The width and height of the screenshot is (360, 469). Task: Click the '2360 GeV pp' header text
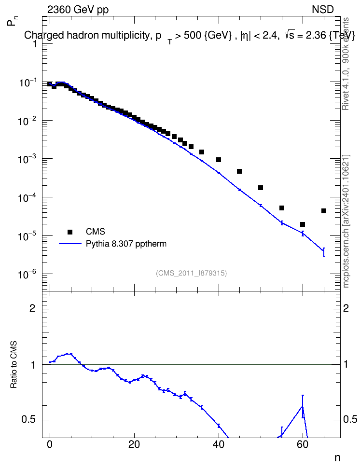78,10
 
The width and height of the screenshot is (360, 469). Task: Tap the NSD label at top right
322,10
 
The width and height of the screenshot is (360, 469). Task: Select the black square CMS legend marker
70,232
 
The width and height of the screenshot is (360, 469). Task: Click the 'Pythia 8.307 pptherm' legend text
126,244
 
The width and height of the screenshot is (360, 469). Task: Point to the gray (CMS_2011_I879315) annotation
191,273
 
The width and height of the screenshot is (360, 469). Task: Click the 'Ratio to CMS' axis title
14,365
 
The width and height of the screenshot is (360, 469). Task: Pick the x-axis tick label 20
134,444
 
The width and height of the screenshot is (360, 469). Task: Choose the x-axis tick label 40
219,444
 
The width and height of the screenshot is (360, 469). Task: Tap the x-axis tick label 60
303,444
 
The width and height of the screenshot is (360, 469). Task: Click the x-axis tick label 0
50,444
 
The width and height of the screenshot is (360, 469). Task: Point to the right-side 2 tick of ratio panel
346,308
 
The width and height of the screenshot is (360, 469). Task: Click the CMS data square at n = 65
323,211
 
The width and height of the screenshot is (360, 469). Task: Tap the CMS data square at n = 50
261,188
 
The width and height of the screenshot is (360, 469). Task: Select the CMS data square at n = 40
219,159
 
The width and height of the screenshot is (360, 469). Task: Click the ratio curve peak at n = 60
303,406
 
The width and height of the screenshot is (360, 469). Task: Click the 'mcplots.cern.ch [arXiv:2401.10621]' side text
346,221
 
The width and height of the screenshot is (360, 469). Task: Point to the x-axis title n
337,458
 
